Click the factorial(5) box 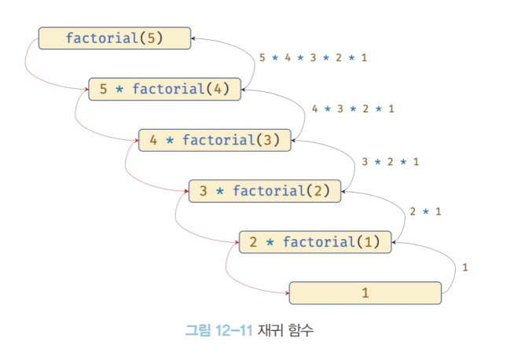click(115, 39)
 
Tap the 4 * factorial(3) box click(215, 140)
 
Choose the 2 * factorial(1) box click(315, 241)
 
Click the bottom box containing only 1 click(365, 292)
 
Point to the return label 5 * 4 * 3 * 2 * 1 click(313, 57)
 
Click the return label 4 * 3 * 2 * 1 click(353, 108)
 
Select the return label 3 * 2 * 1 click(391, 162)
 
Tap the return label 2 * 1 click(425, 211)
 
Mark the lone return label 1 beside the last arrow click(465, 267)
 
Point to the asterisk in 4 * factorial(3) click(169, 140)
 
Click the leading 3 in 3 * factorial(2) click(203, 190)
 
